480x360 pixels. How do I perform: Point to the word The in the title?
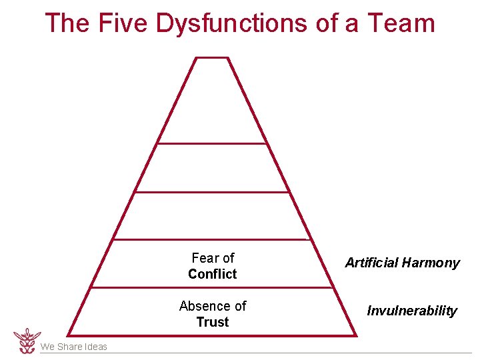pyautogui.click(x=67, y=23)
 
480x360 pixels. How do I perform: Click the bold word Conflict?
pyautogui.click(x=213, y=274)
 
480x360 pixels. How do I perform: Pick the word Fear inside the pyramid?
pyautogui.click(x=204, y=258)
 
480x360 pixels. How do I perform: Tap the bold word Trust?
pyautogui.click(x=213, y=322)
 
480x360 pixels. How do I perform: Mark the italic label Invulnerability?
pyautogui.click(x=412, y=311)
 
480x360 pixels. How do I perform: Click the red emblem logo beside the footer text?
pyautogui.click(x=27, y=340)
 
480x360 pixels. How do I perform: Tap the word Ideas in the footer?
pyautogui.click(x=95, y=347)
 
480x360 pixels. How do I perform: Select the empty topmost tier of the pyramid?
pyautogui.click(x=212, y=103)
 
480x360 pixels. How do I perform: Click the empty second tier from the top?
pyautogui.click(x=212, y=168)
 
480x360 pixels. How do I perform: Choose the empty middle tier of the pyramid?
pyautogui.click(x=212, y=216)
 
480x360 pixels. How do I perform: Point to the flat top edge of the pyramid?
pyautogui.click(x=212, y=57)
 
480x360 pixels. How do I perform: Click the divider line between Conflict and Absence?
pyautogui.click(x=212, y=288)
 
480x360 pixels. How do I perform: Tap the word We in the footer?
pyautogui.click(x=47, y=347)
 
